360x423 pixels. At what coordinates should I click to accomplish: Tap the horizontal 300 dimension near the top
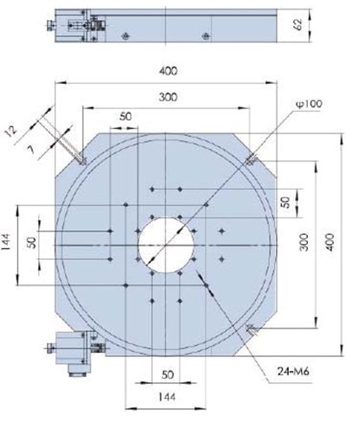[165, 99]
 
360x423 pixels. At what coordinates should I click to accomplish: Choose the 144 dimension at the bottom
[164, 400]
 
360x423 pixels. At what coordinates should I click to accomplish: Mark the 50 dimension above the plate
[126, 116]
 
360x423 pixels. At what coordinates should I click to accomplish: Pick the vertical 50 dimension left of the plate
[33, 244]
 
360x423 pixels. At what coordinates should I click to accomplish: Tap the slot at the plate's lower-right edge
[250, 329]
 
